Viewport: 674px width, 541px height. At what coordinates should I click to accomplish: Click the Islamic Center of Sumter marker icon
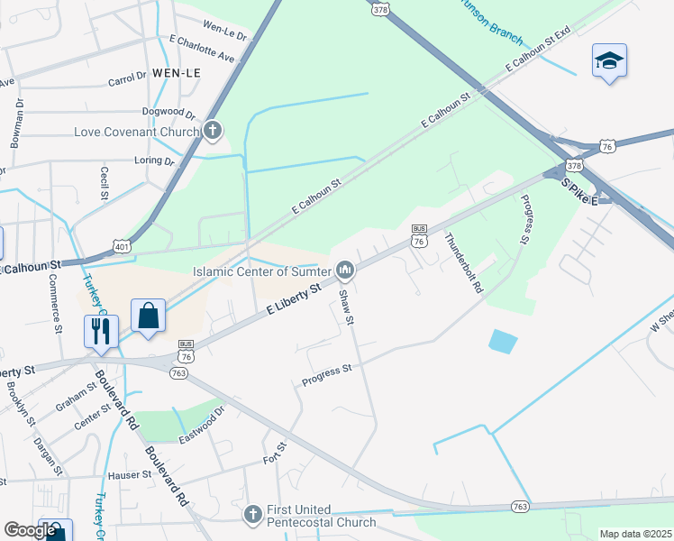344,270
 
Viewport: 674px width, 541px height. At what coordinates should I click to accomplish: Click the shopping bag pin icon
149,316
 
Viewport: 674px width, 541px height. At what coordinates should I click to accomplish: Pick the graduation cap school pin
609,60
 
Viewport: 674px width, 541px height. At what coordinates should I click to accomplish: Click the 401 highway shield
123,245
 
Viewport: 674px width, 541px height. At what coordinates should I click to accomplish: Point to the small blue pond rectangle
504,342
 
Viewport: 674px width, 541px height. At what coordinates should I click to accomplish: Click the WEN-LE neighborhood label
176,71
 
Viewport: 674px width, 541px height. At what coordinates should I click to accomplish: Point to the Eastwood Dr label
201,417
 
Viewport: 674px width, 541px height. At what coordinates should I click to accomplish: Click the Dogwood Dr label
168,113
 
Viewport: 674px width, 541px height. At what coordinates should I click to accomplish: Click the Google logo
30,530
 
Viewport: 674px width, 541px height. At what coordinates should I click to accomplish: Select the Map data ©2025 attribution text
634,534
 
